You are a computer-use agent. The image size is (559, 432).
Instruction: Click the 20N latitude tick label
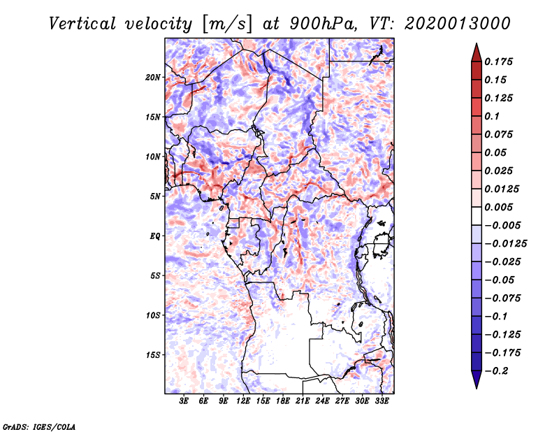click(154, 77)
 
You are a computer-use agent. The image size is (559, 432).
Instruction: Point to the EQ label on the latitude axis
click(155, 236)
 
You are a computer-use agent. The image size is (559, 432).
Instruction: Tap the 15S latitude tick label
click(154, 354)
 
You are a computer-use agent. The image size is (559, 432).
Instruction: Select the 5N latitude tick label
click(156, 196)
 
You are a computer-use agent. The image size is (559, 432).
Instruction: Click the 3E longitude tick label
click(184, 401)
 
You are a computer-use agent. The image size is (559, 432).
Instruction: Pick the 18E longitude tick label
click(283, 401)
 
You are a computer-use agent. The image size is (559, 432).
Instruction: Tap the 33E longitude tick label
click(382, 401)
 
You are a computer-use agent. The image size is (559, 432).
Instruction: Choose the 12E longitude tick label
click(243, 401)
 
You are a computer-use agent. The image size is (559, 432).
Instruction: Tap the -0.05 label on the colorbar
click(500, 280)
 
